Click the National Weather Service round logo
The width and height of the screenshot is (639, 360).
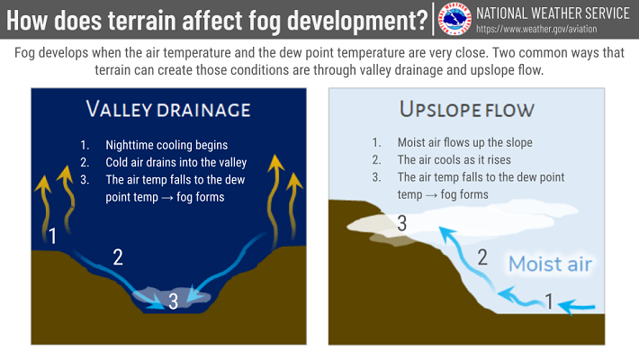[454, 19]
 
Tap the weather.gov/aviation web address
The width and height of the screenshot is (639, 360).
[536, 30]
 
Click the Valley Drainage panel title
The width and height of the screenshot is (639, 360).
[168, 110]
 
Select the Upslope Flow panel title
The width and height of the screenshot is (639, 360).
[466, 110]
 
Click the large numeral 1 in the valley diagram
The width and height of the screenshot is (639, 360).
[52, 236]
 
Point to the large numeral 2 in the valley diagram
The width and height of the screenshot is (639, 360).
[118, 257]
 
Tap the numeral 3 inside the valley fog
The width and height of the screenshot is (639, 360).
[173, 301]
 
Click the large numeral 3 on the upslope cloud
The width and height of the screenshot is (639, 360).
[401, 223]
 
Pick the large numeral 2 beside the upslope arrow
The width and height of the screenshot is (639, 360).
[482, 257]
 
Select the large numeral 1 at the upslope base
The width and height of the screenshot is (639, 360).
[549, 301]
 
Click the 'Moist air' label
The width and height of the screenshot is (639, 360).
[550, 264]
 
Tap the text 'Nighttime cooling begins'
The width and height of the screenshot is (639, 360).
[166, 145]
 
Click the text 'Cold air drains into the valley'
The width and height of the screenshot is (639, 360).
[176, 162]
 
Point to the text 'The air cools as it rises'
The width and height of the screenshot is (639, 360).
[454, 160]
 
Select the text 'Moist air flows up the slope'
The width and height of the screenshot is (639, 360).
[465, 143]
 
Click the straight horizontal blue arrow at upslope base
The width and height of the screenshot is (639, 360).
[577, 306]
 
